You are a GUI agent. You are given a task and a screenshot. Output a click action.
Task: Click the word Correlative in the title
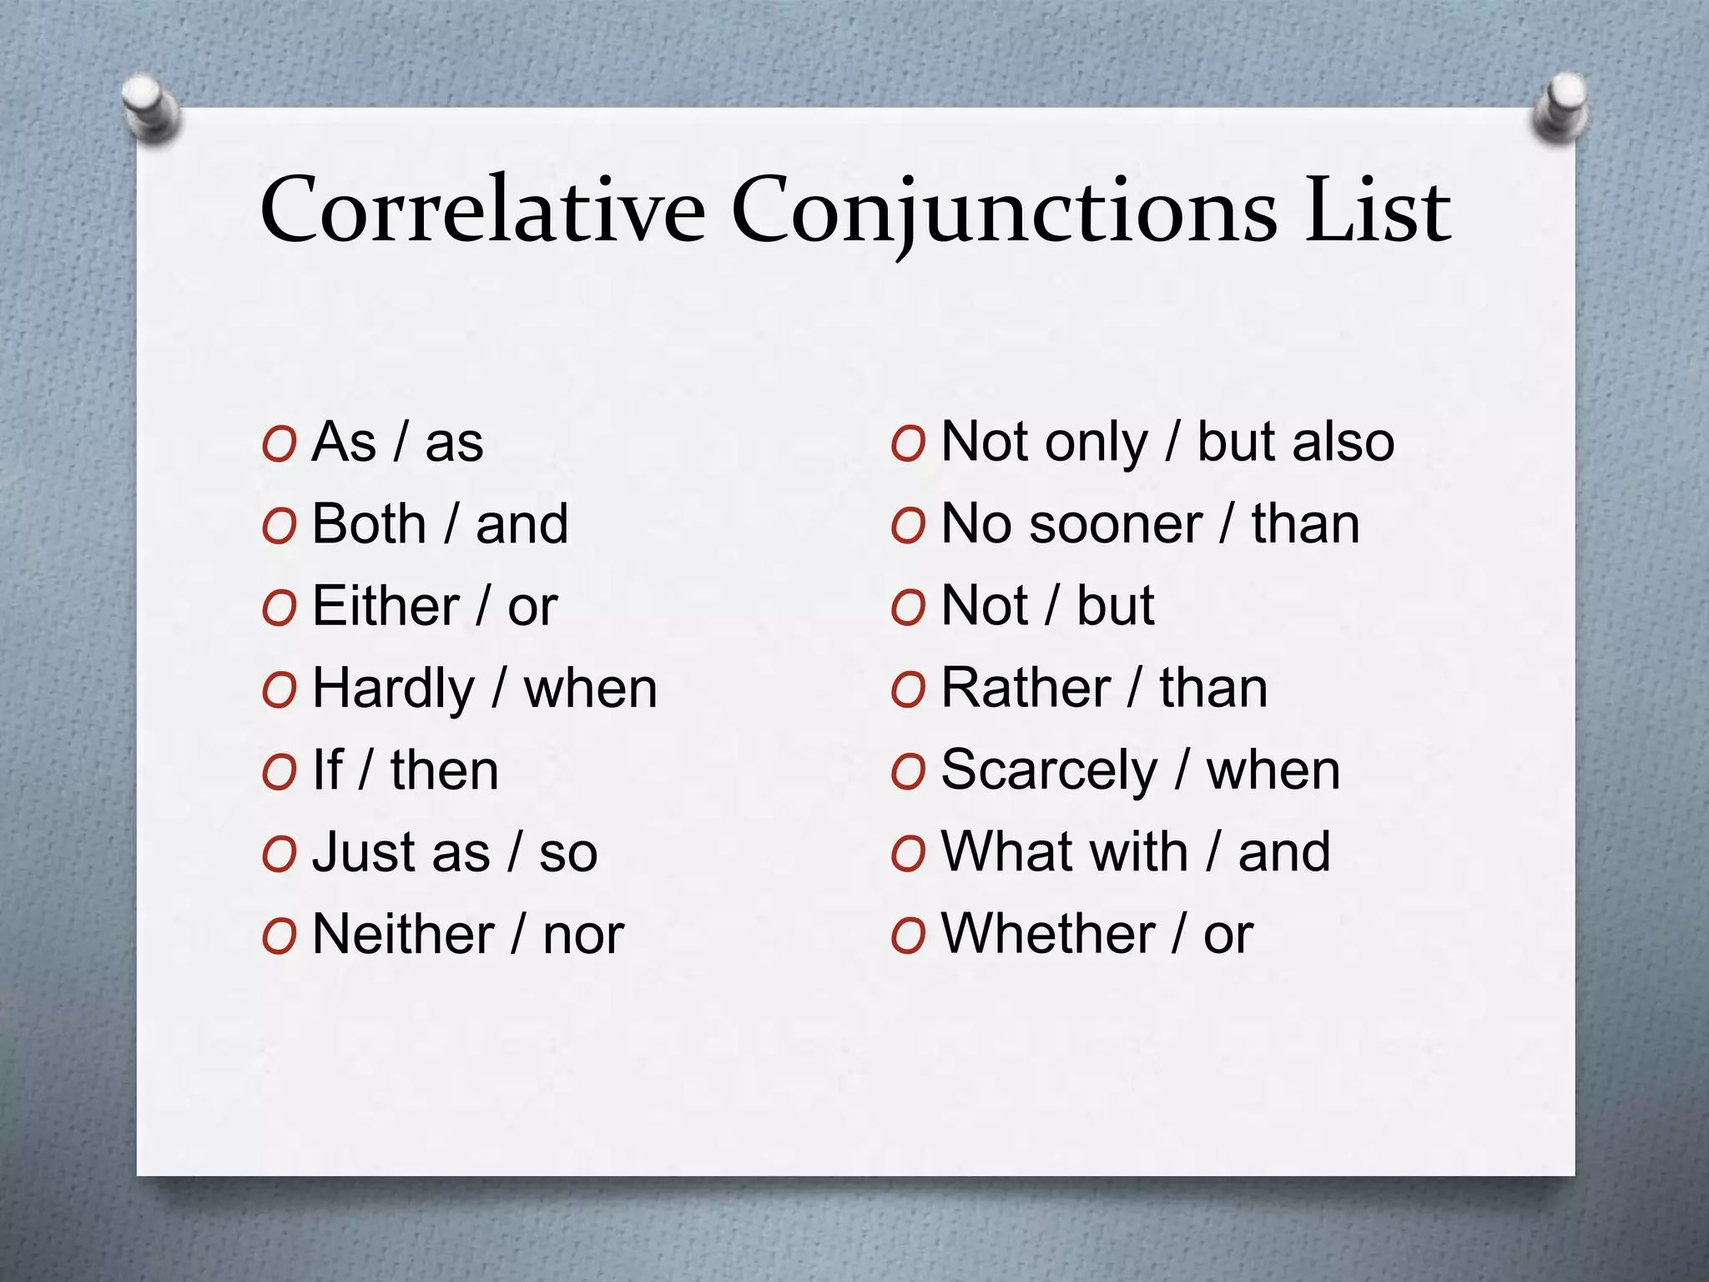(482, 210)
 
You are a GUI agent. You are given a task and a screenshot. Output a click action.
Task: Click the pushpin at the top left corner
(151, 108)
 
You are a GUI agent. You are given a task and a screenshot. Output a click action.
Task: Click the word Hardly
(393, 689)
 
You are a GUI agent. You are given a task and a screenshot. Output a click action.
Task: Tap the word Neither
(403, 934)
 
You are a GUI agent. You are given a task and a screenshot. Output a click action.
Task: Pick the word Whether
(1048, 934)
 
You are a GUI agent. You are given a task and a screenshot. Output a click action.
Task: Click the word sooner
(1116, 525)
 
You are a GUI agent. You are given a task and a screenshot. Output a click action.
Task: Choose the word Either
(386, 607)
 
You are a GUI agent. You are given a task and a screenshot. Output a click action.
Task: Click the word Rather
(1026, 689)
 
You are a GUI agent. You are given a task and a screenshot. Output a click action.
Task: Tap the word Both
(369, 525)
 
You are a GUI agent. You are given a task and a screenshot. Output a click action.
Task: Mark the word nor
(583, 935)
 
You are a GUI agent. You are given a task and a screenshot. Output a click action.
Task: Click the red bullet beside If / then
(279, 773)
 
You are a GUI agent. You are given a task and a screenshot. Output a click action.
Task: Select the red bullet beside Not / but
(908, 608)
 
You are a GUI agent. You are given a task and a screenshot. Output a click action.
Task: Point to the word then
(444, 771)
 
